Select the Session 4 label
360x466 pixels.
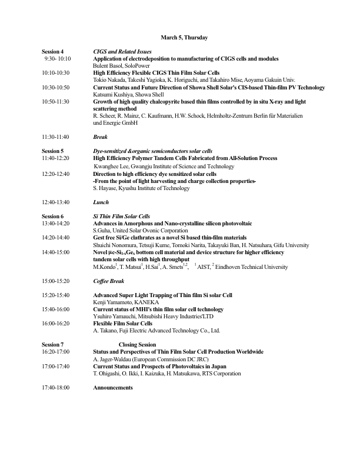[x=52, y=52]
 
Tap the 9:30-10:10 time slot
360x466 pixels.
[x=57, y=59]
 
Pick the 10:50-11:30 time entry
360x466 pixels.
[x=55, y=101]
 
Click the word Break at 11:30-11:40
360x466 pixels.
[x=100, y=137]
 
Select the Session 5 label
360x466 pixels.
[x=52, y=151]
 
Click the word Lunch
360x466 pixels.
[x=101, y=202]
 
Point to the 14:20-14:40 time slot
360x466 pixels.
[x=55, y=238]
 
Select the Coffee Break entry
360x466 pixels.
[x=108, y=281]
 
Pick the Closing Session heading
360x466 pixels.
[x=137, y=344]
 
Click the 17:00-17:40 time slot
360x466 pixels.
[x=55, y=365]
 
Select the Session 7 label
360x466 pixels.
[x=52, y=344]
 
